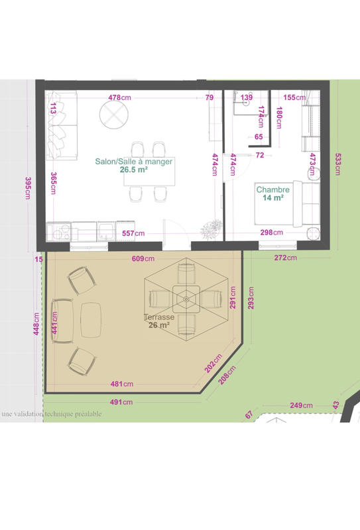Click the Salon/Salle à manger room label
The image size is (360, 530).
[134, 161]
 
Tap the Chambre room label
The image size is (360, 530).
[273, 189]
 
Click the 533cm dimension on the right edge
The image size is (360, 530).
[339, 164]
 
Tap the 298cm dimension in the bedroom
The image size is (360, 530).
[271, 233]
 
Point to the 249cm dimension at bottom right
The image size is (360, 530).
[301, 405]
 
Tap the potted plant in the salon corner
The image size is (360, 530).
[211, 229]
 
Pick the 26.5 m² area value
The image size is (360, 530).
[133, 170]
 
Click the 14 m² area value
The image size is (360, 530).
[273, 197]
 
